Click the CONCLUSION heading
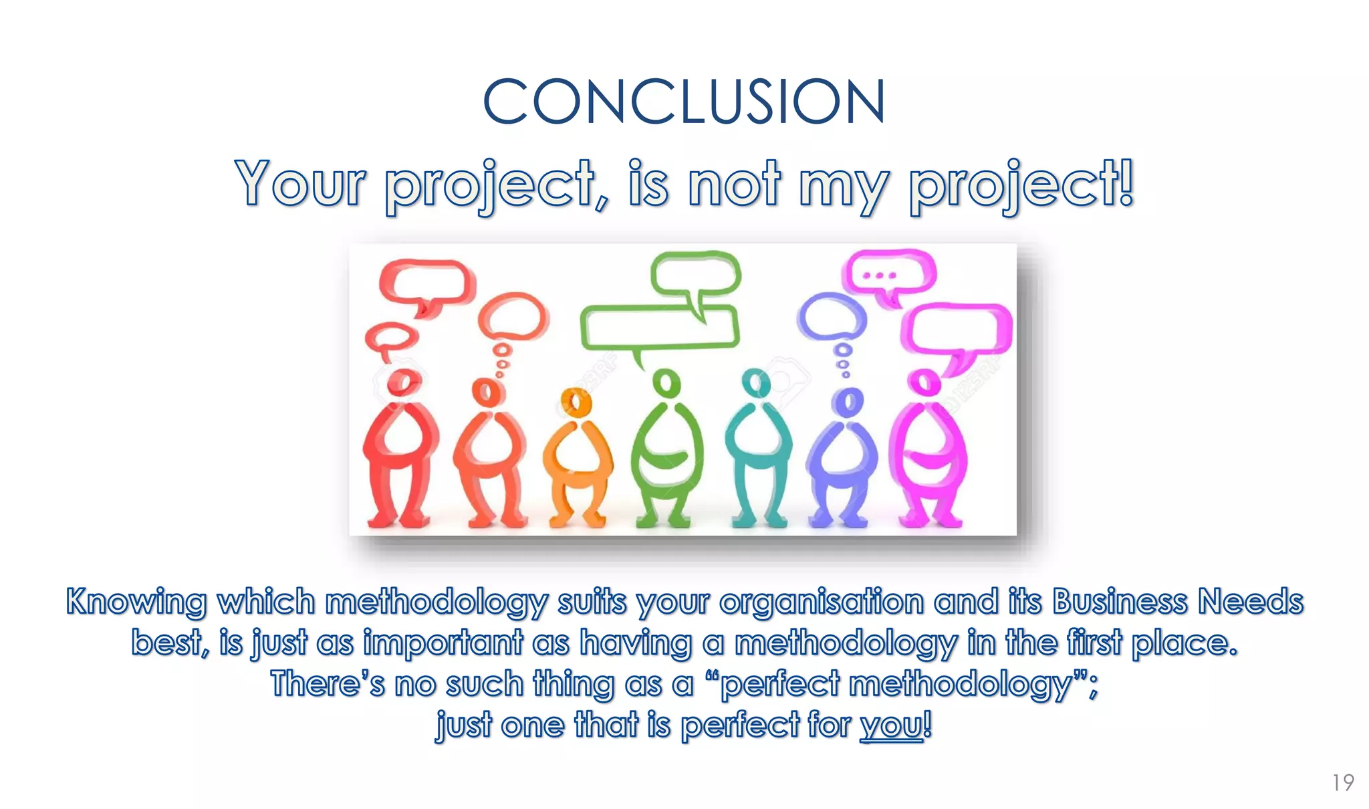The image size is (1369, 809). coord(684,102)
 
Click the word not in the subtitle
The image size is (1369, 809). coord(733,183)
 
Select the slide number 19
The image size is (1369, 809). coord(1342,782)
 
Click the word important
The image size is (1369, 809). coord(443,643)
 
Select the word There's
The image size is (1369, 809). coord(328,683)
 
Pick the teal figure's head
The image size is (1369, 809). coord(756,384)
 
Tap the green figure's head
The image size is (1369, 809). coord(666,384)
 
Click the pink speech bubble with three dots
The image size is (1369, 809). coord(888,274)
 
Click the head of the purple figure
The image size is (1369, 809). coord(847,402)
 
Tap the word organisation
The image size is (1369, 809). coord(821,601)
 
